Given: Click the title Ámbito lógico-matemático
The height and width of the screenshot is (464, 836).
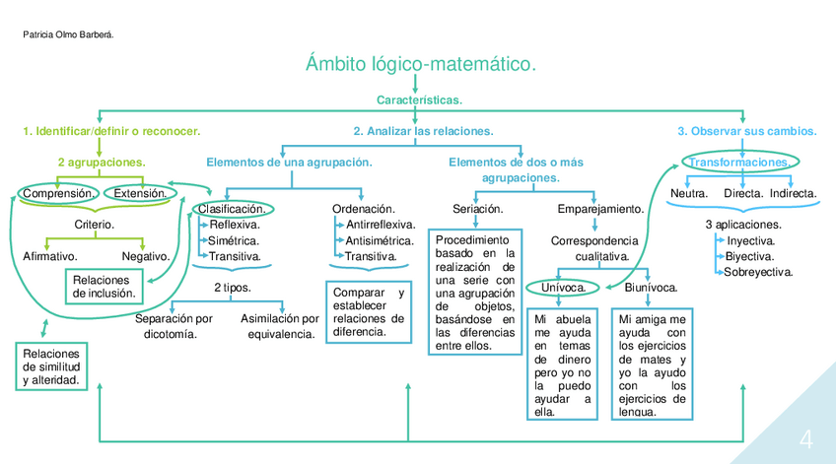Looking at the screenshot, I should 421,65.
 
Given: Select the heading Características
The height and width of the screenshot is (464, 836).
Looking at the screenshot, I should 419,100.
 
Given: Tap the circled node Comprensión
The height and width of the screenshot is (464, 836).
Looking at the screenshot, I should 58,193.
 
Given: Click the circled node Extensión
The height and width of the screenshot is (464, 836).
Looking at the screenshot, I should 141,193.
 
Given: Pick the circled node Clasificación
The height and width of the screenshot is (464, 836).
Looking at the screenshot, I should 233,209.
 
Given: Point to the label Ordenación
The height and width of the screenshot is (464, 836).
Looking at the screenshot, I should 364,209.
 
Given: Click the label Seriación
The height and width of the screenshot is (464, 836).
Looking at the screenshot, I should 478,209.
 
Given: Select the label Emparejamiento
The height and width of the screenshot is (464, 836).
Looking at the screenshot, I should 600,209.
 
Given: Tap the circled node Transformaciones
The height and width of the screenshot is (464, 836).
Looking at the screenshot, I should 739,162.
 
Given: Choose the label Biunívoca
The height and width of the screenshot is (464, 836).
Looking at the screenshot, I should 650,288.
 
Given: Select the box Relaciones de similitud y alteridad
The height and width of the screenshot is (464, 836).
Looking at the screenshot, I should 50,366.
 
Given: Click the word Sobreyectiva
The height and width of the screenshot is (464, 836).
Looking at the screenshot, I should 758,272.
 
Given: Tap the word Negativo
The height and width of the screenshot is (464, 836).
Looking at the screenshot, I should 146,256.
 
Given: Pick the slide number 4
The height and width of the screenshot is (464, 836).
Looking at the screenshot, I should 805,438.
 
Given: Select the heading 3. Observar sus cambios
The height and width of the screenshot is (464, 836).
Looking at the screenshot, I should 746,131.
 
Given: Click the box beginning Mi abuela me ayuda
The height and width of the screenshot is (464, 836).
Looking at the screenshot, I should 562,365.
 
